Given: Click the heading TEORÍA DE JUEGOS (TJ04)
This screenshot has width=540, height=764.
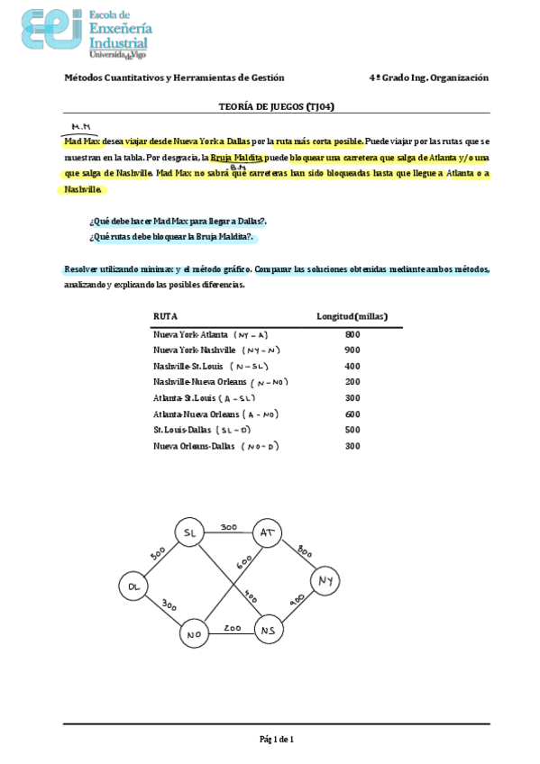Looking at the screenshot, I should pyautogui.click(x=277, y=106).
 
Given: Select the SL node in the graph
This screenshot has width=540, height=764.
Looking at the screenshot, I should pyautogui.click(x=189, y=532).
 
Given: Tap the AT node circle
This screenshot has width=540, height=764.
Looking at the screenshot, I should pyautogui.click(x=268, y=532).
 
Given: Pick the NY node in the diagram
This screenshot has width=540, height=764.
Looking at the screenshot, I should pyautogui.click(x=325, y=581).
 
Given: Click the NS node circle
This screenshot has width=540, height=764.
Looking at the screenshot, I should pyautogui.click(x=268, y=630).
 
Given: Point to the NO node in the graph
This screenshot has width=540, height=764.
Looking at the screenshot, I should pyautogui.click(x=192, y=634).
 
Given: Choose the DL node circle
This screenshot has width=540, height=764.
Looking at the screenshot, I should pyautogui.click(x=133, y=587).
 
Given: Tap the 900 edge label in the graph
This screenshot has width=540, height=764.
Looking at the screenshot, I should pyautogui.click(x=297, y=599).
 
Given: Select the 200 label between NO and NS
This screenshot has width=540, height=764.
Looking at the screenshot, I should pyautogui.click(x=233, y=626).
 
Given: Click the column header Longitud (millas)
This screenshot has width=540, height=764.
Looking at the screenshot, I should pyautogui.click(x=352, y=316).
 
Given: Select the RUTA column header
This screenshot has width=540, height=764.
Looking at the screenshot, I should pyautogui.click(x=165, y=316).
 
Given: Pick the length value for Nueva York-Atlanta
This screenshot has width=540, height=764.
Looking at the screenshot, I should pyautogui.click(x=352, y=335).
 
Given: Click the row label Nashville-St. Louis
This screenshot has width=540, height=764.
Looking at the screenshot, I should pyautogui.click(x=188, y=366).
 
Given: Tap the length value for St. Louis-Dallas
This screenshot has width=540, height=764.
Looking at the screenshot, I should pyautogui.click(x=352, y=430).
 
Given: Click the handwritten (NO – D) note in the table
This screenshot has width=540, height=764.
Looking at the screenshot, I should pyautogui.click(x=261, y=446).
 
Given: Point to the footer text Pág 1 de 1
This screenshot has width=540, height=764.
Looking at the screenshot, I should pyautogui.click(x=277, y=739).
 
